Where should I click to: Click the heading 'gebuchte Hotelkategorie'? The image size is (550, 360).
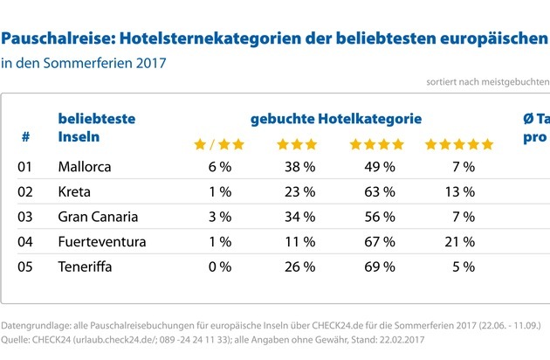point(336,118)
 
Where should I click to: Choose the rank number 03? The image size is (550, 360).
point(25,216)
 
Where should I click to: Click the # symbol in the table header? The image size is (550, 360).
point(25,137)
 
